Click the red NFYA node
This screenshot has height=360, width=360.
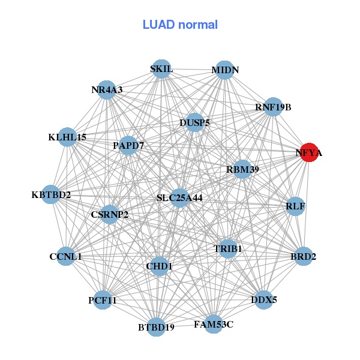[x=309, y=153]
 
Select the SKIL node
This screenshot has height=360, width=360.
[x=161, y=69]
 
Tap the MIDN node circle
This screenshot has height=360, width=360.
[x=224, y=70]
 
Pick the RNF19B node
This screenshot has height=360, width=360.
[x=273, y=107]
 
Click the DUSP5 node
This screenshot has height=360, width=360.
[x=194, y=123]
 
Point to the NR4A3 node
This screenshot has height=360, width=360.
[x=107, y=91]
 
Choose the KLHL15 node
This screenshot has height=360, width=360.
[x=67, y=137]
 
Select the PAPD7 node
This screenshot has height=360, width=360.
[x=128, y=146]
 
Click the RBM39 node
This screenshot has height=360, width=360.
[x=242, y=170]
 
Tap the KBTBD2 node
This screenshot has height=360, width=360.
[x=52, y=195]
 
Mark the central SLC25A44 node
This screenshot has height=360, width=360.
[x=179, y=197]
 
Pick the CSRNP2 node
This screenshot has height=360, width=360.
[x=109, y=214]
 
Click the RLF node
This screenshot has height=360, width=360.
[x=295, y=207]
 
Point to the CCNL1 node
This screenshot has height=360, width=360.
[x=66, y=257]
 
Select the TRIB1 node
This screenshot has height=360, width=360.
[x=227, y=248]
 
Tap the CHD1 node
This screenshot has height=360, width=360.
[x=159, y=266]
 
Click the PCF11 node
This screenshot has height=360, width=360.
[x=102, y=300]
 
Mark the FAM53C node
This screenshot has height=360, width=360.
[x=213, y=325]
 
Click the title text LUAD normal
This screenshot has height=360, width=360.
[x=180, y=25]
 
